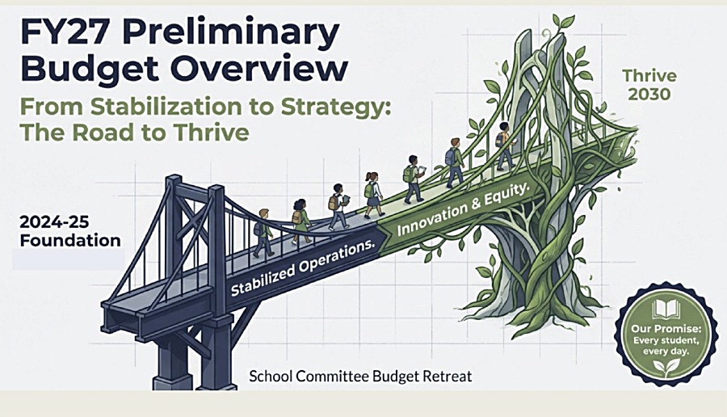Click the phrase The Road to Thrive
pyautogui.click(x=134, y=133)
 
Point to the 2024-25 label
pyautogui.click(x=54, y=221)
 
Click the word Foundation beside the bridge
pyautogui.click(x=70, y=240)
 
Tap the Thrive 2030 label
pyautogui.click(x=649, y=85)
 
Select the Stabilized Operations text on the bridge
pyautogui.click(x=302, y=268)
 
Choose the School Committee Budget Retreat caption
pyautogui.click(x=360, y=376)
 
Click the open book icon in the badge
pyautogui.click(x=666, y=310)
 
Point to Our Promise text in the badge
pyautogui.click(x=666, y=329)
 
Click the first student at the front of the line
pyautogui.click(x=505, y=145)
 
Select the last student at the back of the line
pyautogui.click(x=263, y=233)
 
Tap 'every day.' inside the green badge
pyautogui.click(x=666, y=351)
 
